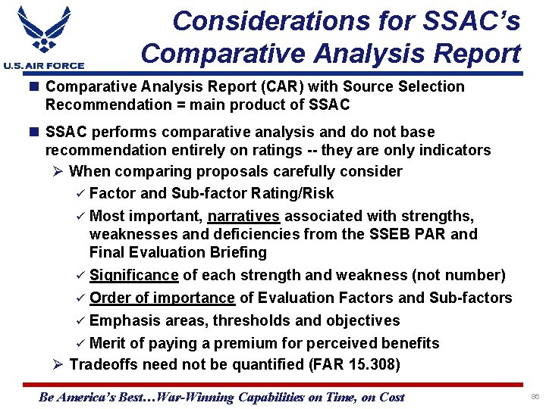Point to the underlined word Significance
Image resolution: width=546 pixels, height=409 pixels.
pos(133,275)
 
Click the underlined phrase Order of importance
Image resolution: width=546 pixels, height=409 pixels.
pos(162,298)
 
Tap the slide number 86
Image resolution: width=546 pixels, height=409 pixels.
pos(535,397)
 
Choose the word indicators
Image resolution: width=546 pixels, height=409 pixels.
pos(453,150)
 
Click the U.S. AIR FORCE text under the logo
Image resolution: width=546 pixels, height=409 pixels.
pos(43,66)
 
